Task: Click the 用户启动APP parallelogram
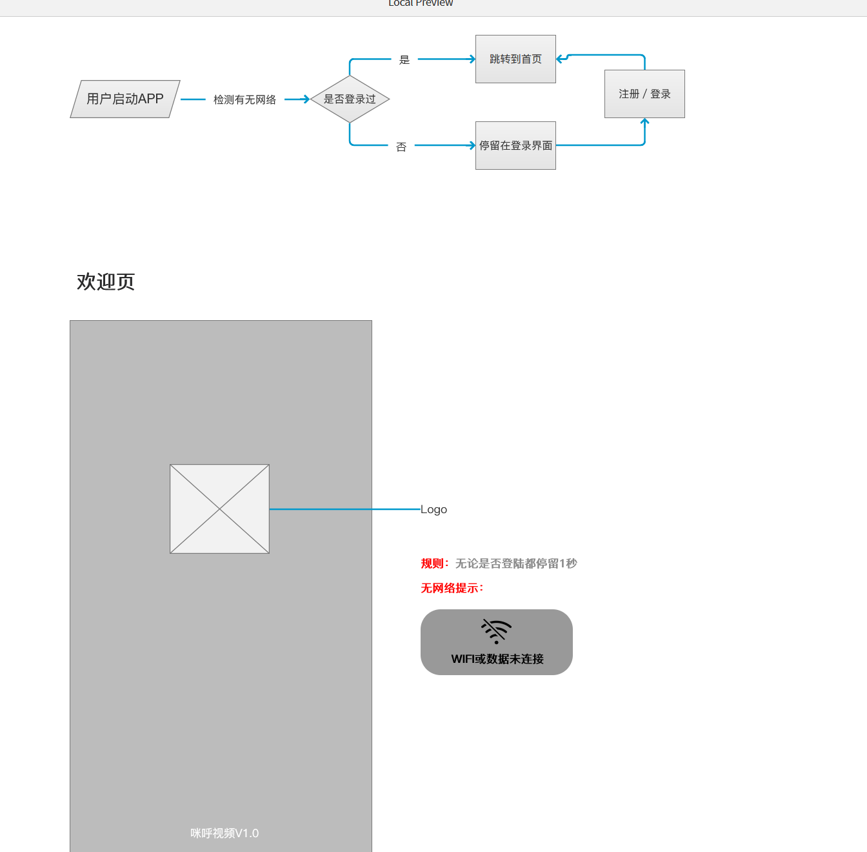coord(125,99)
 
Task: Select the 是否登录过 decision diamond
coord(350,99)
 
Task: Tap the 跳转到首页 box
coord(515,59)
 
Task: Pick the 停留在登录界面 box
coord(515,145)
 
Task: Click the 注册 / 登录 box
coord(644,94)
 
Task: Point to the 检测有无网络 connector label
coord(244,99)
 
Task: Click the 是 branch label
coord(404,59)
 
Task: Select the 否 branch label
coord(401,147)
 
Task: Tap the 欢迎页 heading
coord(106,282)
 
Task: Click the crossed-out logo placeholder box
coord(219,509)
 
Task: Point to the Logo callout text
coord(433,509)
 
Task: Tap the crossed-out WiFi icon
coord(496,631)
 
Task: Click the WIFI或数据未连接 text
coord(497,659)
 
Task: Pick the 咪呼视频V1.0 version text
coord(224,833)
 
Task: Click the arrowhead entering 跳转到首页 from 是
coord(472,59)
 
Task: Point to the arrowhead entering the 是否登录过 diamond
coord(307,99)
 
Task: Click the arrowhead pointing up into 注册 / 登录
coord(644,121)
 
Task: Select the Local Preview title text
coord(421,3)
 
